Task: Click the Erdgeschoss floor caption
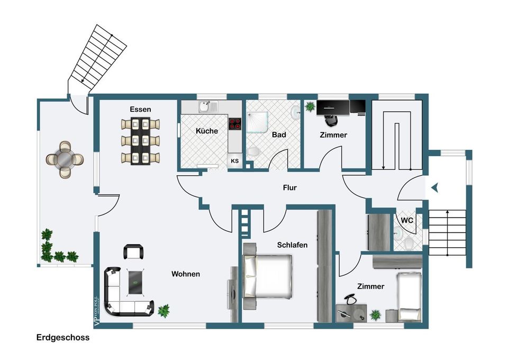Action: click(63, 337)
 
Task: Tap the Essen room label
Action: click(140, 109)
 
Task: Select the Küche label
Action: click(206, 131)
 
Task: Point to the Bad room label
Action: click(279, 135)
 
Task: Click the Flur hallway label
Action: click(290, 187)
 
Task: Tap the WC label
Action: click(407, 220)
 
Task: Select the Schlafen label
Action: click(292, 245)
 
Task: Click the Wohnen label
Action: click(185, 274)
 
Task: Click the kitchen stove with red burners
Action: click(235, 124)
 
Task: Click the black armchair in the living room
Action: click(133, 251)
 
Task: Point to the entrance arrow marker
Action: click(434, 187)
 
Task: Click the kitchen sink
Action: click(204, 107)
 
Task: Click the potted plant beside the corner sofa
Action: click(164, 310)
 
